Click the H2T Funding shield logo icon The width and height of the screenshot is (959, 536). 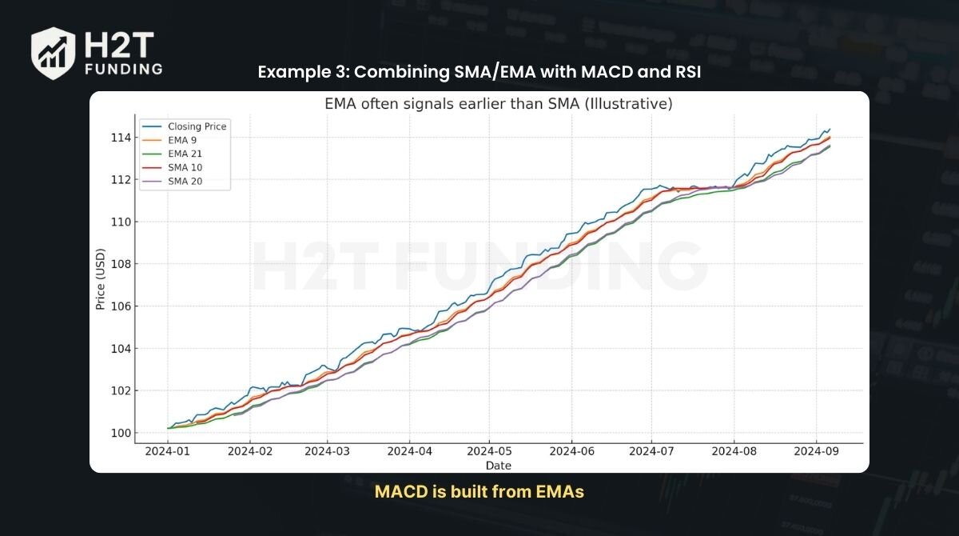click(x=53, y=53)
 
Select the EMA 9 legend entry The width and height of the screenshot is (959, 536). click(x=182, y=141)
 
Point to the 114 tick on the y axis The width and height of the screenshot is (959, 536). click(x=121, y=138)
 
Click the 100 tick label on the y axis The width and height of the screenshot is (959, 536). click(x=121, y=433)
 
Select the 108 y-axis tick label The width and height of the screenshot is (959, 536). click(x=121, y=264)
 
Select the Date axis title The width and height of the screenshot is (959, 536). click(x=498, y=466)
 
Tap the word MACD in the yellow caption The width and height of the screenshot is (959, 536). click(x=397, y=492)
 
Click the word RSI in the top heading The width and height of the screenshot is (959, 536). click(x=684, y=72)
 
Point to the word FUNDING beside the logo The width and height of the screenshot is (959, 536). click(x=123, y=69)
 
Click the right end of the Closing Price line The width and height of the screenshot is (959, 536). click(x=830, y=129)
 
